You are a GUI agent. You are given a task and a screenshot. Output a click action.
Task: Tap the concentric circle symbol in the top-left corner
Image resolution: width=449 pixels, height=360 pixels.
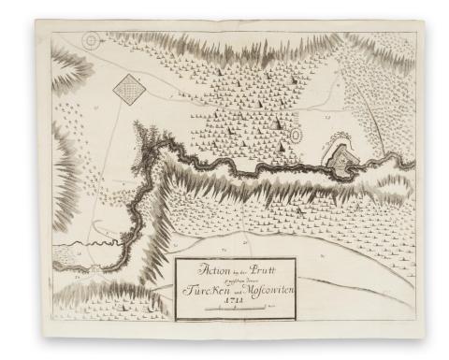[91, 41]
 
